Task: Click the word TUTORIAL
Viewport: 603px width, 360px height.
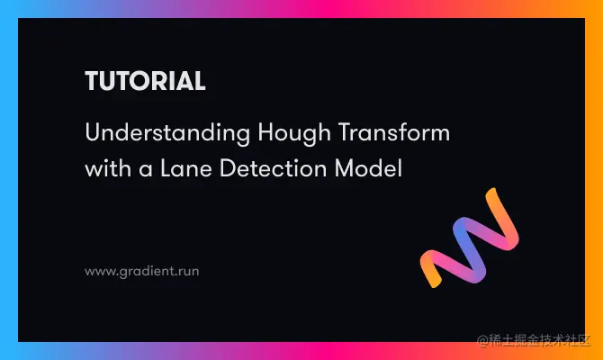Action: coord(145,81)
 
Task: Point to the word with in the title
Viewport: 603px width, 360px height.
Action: coord(104,166)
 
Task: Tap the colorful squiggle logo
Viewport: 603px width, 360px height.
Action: coord(469,238)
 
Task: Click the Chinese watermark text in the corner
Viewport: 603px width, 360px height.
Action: coord(540,341)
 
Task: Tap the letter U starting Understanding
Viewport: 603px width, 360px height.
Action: coord(92,133)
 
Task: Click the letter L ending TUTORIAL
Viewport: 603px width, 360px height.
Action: coord(199,81)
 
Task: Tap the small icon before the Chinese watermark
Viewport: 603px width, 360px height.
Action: coord(483,341)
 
